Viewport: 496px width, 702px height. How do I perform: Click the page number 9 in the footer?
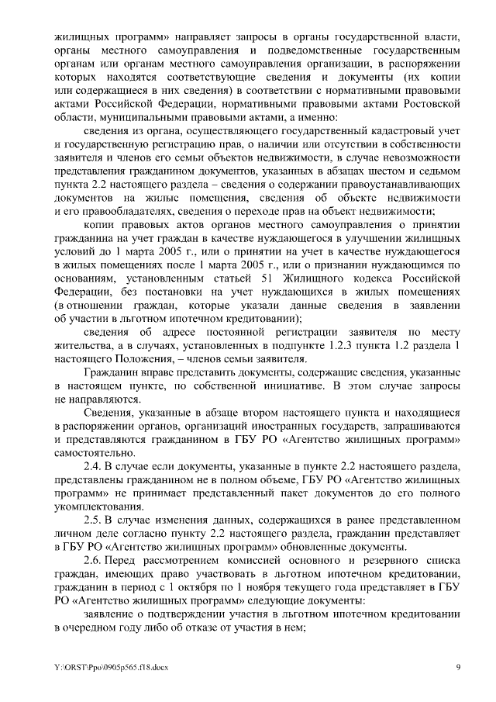pyautogui.click(x=458, y=666)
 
